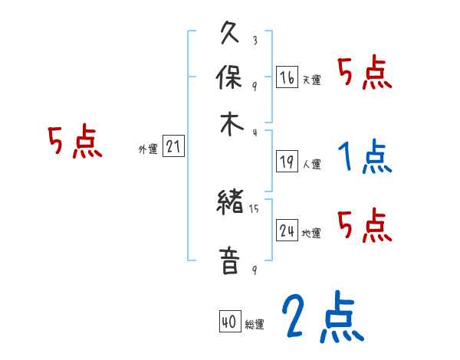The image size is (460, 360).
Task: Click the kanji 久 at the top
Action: point(231,35)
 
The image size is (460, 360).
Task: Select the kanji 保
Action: point(231,79)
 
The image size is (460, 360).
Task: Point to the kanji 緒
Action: point(231,204)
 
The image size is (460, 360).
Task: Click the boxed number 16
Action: point(287,77)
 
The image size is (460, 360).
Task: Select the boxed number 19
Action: point(287,162)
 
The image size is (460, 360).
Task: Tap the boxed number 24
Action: point(287,231)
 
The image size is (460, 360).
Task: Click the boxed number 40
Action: point(228,323)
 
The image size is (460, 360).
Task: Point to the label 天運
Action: point(311,80)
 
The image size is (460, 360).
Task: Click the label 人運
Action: point(311,164)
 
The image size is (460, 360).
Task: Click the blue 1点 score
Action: point(364,157)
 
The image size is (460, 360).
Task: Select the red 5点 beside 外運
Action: point(74,142)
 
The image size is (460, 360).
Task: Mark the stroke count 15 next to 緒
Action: point(255,208)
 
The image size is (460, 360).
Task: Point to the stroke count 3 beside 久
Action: point(254,41)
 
